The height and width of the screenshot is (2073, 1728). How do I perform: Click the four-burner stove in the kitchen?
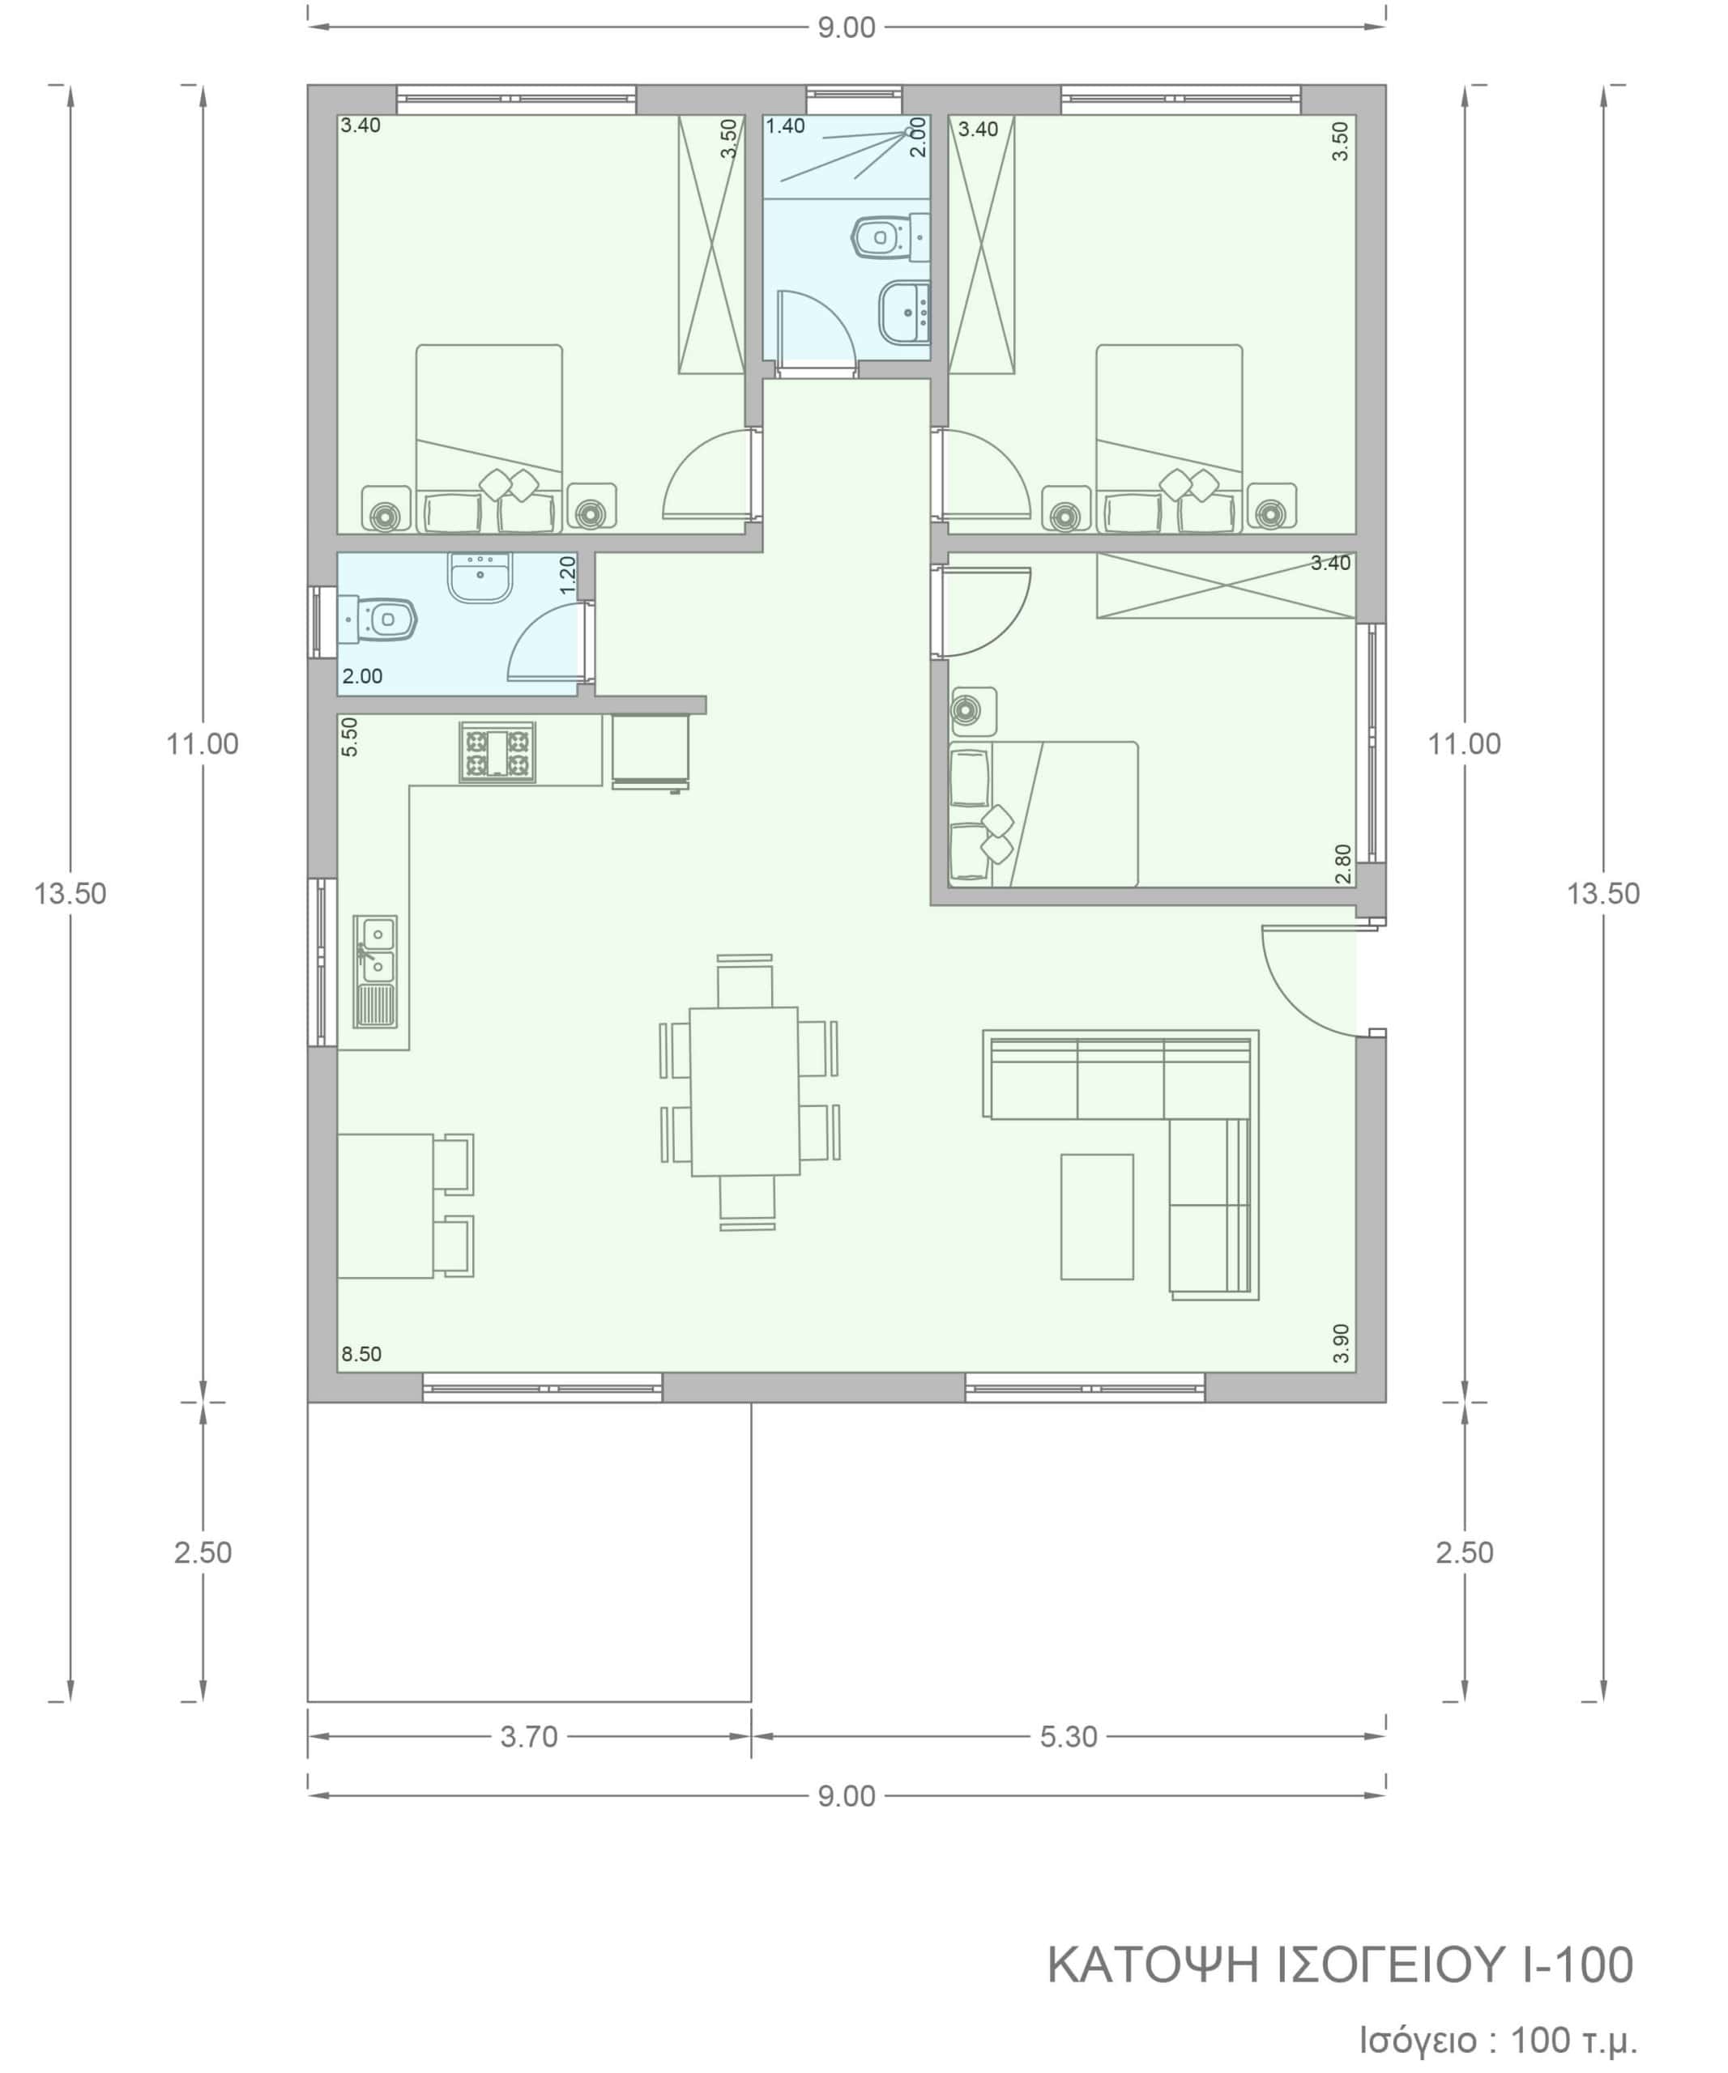point(497,752)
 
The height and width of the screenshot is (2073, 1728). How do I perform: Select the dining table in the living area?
point(745,1091)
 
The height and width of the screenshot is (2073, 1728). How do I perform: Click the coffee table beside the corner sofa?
point(1097,1216)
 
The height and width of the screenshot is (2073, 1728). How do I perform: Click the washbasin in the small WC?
point(480,577)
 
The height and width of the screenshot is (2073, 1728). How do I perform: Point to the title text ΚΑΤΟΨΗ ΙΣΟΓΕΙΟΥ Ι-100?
point(1340,1965)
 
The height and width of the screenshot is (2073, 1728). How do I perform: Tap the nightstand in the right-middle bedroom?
point(973,711)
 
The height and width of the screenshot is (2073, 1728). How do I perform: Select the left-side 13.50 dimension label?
point(70,893)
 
